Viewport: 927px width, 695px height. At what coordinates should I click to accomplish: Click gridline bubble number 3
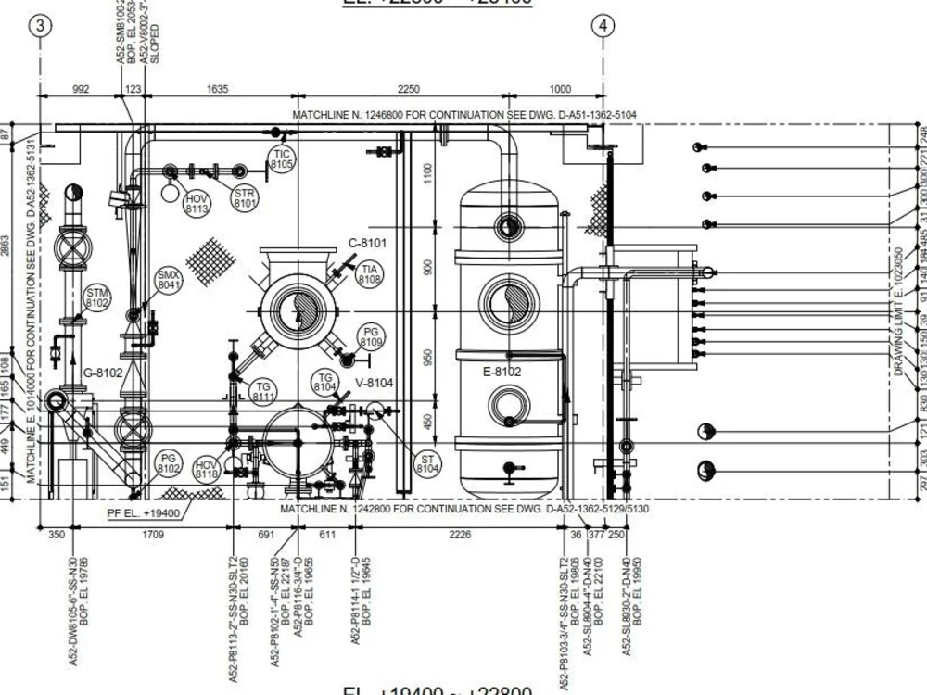click(x=40, y=26)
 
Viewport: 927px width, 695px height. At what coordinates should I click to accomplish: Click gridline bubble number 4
click(x=603, y=26)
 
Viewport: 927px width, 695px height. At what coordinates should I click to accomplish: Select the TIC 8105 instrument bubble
click(x=282, y=159)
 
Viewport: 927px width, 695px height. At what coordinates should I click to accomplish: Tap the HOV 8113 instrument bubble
click(x=197, y=203)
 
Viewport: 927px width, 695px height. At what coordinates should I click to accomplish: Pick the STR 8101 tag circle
click(x=245, y=197)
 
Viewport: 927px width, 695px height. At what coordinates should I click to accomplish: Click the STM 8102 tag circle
click(x=97, y=297)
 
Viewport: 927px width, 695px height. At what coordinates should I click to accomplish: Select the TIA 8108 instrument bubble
click(x=370, y=273)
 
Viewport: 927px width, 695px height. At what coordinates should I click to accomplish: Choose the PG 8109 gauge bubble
click(x=372, y=337)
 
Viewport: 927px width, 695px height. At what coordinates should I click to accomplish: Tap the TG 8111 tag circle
click(x=263, y=392)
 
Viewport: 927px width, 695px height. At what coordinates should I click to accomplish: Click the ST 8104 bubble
click(x=427, y=464)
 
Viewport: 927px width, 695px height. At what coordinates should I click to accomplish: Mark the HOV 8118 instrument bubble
click(x=206, y=469)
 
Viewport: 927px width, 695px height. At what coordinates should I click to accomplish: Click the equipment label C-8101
click(x=367, y=244)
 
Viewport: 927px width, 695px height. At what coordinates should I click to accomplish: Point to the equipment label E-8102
click(x=502, y=372)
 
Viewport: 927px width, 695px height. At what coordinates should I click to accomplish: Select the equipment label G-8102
click(x=103, y=373)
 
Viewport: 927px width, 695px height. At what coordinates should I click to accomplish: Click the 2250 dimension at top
click(x=408, y=89)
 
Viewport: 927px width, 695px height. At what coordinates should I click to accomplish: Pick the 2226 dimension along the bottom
click(x=459, y=535)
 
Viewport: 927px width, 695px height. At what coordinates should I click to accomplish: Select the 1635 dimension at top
click(x=217, y=89)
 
